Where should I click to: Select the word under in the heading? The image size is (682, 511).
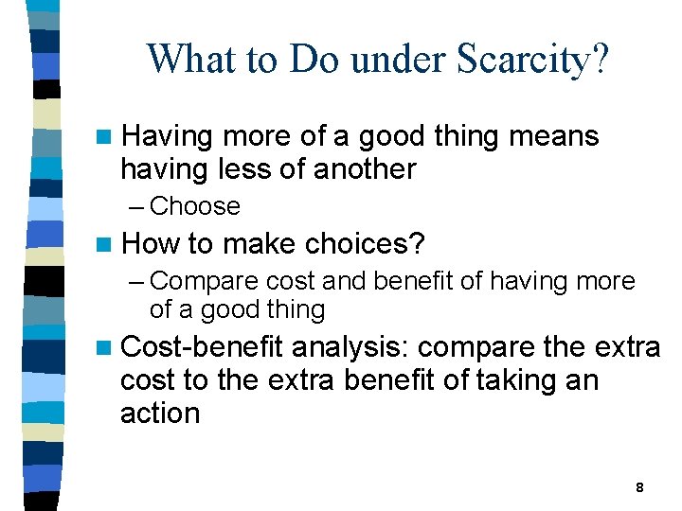coord(392,60)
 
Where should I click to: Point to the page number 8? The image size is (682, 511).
coord(639,487)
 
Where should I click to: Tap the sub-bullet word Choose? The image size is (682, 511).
coord(195,206)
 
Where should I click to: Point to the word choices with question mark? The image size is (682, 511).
coord(365,244)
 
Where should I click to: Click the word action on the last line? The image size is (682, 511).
coord(160,414)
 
